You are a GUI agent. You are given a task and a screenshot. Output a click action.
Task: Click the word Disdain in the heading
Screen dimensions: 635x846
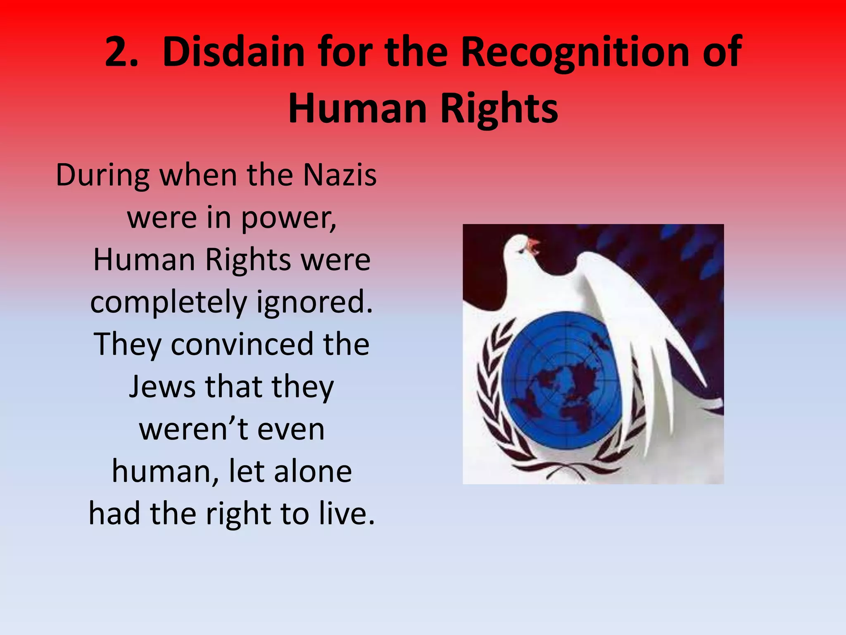click(x=233, y=52)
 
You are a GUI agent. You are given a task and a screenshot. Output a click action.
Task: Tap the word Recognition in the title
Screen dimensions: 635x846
click(x=575, y=52)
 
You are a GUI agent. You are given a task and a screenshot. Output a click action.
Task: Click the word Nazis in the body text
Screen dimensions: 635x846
click(x=340, y=175)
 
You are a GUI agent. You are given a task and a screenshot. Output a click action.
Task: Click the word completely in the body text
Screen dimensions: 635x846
click(x=168, y=303)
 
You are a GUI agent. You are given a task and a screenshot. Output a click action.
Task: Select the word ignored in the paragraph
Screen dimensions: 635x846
click(x=314, y=303)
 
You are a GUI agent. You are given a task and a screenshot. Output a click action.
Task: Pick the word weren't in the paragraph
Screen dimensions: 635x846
click(x=193, y=430)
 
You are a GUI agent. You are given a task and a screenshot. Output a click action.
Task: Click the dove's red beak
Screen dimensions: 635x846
click(x=533, y=244)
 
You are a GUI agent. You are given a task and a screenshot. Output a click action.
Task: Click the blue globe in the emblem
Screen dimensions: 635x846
click(x=562, y=380)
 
